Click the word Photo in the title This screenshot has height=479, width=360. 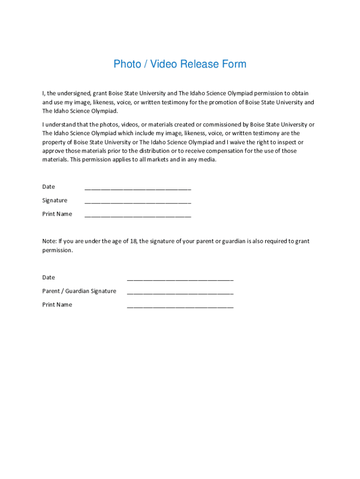point(127,64)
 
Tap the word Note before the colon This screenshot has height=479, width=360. point(49,241)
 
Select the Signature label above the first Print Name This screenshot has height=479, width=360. point(55,201)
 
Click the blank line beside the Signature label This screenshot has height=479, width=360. point(137,203)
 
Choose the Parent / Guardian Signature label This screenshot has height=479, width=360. point(79,291)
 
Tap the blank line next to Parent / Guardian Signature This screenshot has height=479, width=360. point(180,293)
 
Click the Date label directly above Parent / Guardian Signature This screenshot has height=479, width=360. point(49,277)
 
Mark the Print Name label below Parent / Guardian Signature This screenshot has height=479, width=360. point(57,305)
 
